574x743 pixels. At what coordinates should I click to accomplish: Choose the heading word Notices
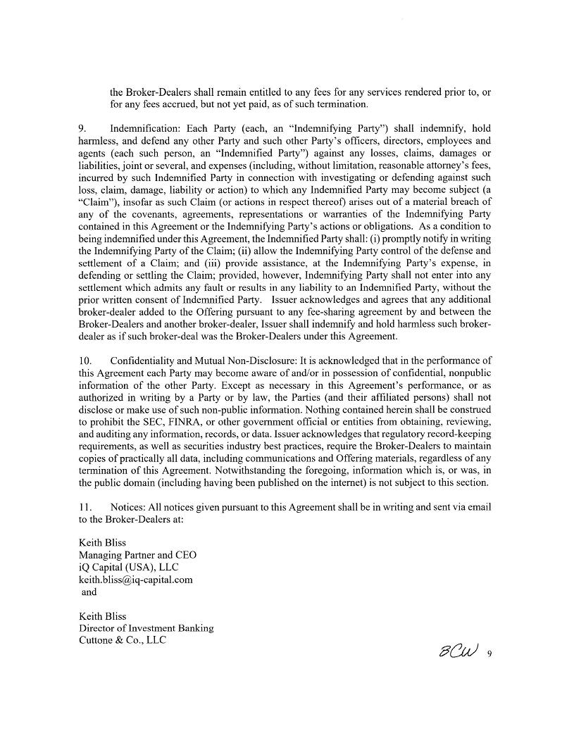[126, 507]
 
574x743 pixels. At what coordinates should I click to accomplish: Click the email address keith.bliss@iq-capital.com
[135, 580]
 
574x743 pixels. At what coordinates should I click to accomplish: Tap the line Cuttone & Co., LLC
[122, 640]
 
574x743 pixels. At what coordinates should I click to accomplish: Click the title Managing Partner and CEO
[137, 555]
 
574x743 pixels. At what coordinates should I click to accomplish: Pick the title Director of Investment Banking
[146, 628]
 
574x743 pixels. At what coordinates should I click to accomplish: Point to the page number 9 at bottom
[489, 654]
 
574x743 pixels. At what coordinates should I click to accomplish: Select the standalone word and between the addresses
[89, 592]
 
